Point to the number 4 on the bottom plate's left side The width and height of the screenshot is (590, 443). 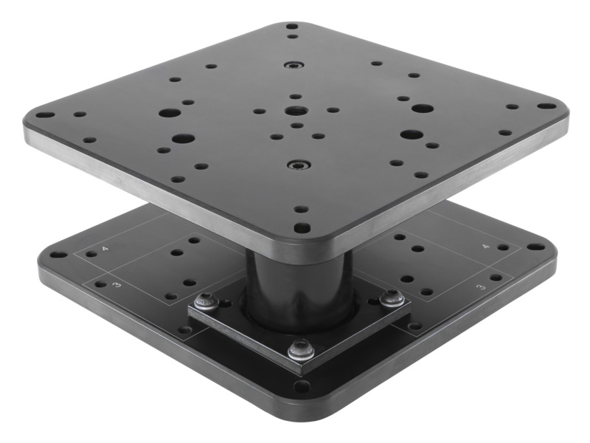pos(105,250)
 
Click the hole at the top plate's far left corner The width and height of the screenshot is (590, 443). pos(44,117)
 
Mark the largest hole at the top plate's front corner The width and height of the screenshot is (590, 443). pos(299,228)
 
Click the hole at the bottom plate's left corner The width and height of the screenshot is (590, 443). pos(55,256)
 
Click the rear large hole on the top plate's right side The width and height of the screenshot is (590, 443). pos(422,109)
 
